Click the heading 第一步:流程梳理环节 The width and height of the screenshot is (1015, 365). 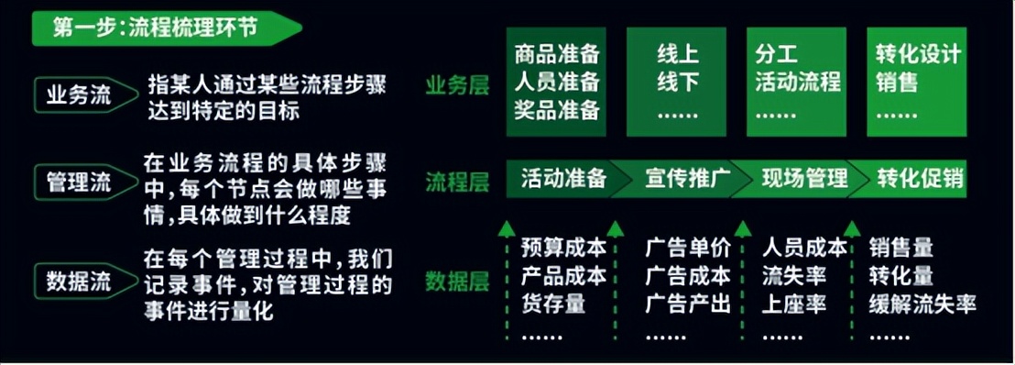tap(156, 28)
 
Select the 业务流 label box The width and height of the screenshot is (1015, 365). tap(79, 94)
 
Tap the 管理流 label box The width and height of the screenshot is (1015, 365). tap(79, 182)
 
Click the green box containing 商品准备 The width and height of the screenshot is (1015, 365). tap(557, 81)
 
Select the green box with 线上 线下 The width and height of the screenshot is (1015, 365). tap(678, 81)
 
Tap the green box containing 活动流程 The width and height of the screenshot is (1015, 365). tap(797, 81)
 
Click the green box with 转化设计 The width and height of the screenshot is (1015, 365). tap(917, 81)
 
